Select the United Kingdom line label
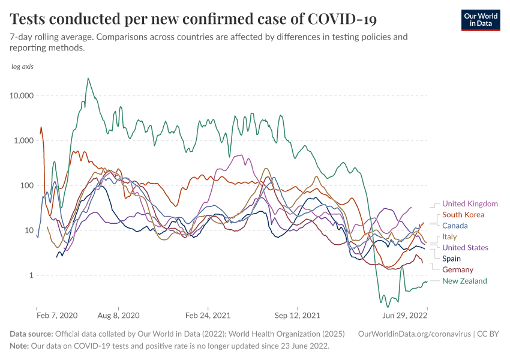[470, 204]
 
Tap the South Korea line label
[463, 215]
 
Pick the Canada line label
[455, 226]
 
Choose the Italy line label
[449, 237]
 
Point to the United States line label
[465, 248]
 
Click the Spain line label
[451, 259]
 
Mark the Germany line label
[458, 270]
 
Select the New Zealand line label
[464, 281]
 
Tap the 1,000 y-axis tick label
[26, 141]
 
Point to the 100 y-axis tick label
[28, 185]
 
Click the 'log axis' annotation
[23, 67]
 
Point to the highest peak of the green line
[88, 78]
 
